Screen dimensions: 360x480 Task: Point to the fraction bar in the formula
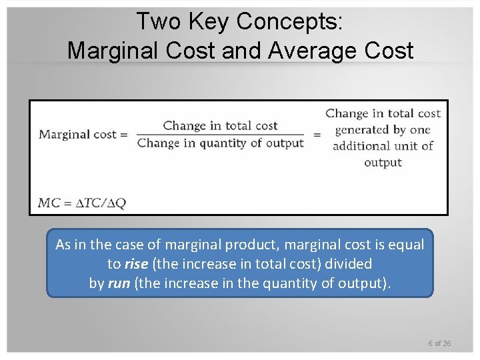pyautogui.click(x=220, y=134)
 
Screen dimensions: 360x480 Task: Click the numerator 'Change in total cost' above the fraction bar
pyautogui.click(x=220, y=125)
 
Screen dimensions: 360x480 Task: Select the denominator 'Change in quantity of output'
pyautogui.click(x=220, y=143)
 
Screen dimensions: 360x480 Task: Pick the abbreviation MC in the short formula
pyautogui.click(x=49, y=203)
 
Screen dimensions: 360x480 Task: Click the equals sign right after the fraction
pyautogui.click(x=317, y=135)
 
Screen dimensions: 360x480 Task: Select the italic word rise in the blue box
pyautogui.click(x=136, y=264)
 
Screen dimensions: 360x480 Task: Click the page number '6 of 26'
pyautogui.click(x=439, y=343)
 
